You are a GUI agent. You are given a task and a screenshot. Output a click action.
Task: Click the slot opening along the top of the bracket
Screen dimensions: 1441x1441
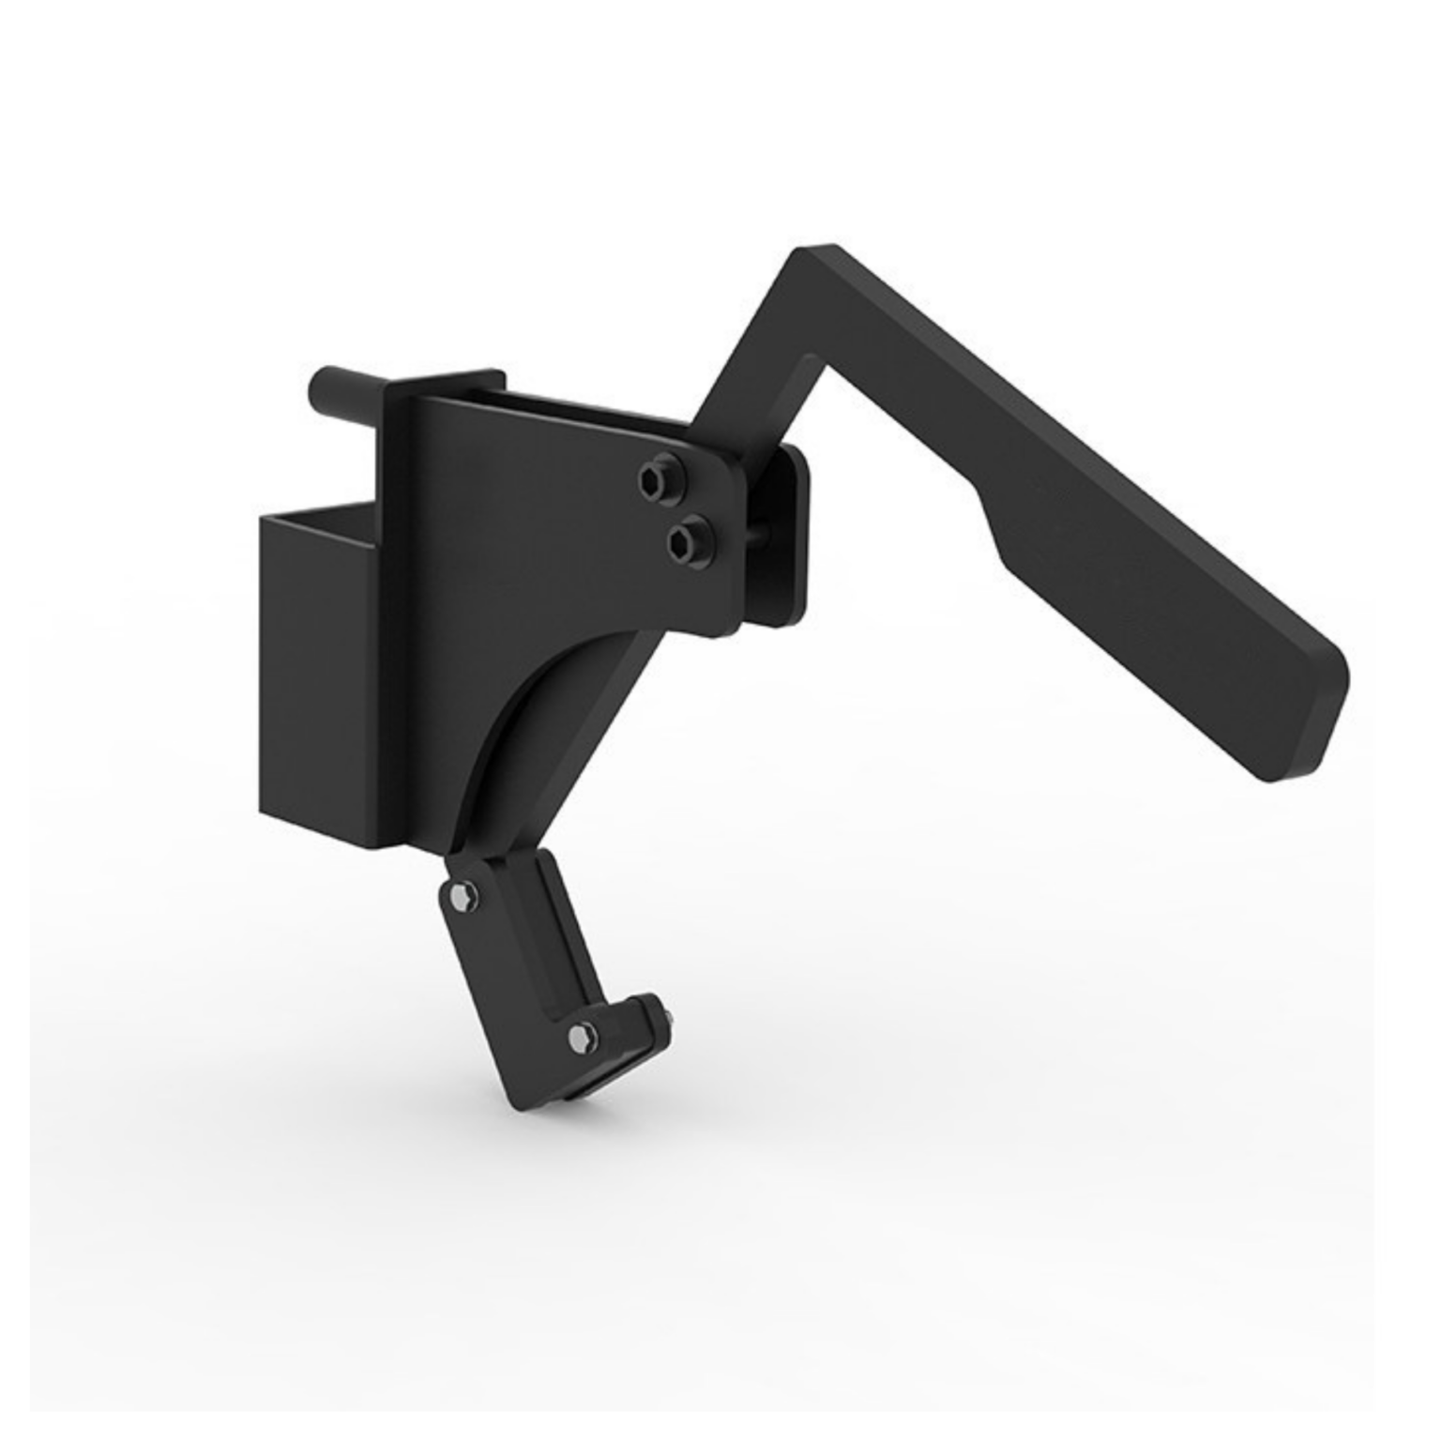click(x=563, y=406)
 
